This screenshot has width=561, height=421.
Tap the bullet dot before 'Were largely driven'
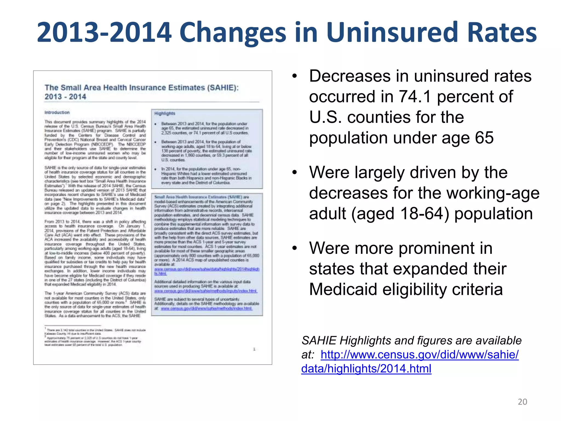click(x=294, y=173)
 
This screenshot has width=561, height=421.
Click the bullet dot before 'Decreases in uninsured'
click(x=294, y=76)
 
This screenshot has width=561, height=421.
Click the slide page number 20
click(x=522, y=402)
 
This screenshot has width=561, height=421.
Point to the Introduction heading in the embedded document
click(x=57, y=112)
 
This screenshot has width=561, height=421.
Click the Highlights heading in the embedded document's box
click(x=165, y=113)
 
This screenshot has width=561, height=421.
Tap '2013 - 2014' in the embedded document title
click(x=65, y=97)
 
